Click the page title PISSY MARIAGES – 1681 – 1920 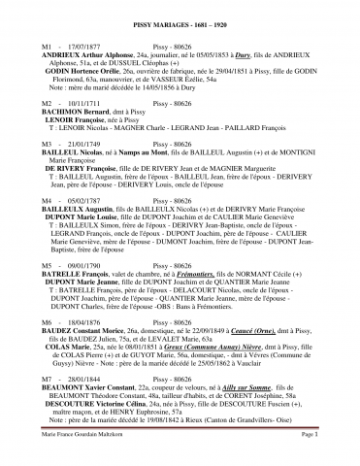(180, 20)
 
